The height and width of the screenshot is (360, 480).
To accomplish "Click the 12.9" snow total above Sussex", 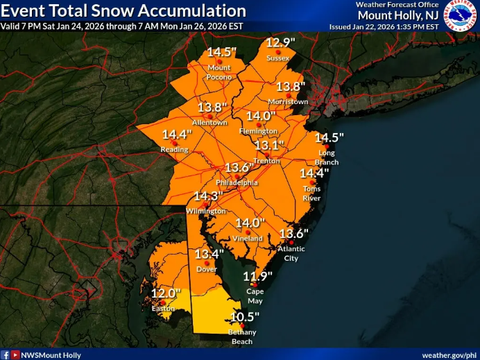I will point(280,44).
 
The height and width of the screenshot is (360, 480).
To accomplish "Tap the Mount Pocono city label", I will point(219,72).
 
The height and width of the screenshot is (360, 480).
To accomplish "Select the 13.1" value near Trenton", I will point(268,146).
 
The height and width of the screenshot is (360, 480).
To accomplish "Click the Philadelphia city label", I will point(237,182).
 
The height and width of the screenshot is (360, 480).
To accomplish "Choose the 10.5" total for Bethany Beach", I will point(244,317).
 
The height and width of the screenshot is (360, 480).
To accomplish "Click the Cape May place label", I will point(254,296).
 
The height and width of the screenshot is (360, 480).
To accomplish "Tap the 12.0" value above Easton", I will point(166,293).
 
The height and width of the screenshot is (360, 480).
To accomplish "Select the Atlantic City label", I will point(291,254).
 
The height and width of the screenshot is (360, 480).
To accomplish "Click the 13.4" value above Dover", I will point(209,254).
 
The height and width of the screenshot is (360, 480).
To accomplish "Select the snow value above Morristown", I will point(291,87).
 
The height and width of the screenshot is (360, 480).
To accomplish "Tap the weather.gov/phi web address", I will point(448,354).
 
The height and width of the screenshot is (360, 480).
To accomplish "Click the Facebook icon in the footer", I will point(5,354).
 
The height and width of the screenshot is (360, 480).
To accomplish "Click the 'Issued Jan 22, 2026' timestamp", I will point(384,26).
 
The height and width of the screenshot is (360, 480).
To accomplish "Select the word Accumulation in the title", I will point(196,11).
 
